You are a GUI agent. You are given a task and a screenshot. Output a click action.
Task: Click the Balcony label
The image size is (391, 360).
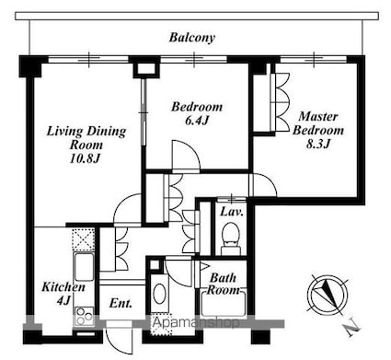(192, 38)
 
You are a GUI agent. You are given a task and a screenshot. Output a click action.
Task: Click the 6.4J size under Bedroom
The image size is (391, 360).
(197, 121)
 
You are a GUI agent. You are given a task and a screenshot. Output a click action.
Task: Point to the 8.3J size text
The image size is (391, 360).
(317, 144)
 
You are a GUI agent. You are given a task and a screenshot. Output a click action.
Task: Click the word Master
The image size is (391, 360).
(318, 116)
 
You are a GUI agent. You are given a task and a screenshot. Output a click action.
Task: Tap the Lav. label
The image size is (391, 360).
(231, 211)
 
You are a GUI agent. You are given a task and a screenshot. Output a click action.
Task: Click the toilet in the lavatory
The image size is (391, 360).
(229, 242)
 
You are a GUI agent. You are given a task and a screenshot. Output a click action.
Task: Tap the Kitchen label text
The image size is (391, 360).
(63, 287)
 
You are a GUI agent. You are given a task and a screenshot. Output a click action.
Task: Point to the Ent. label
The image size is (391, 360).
(121, 303)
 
